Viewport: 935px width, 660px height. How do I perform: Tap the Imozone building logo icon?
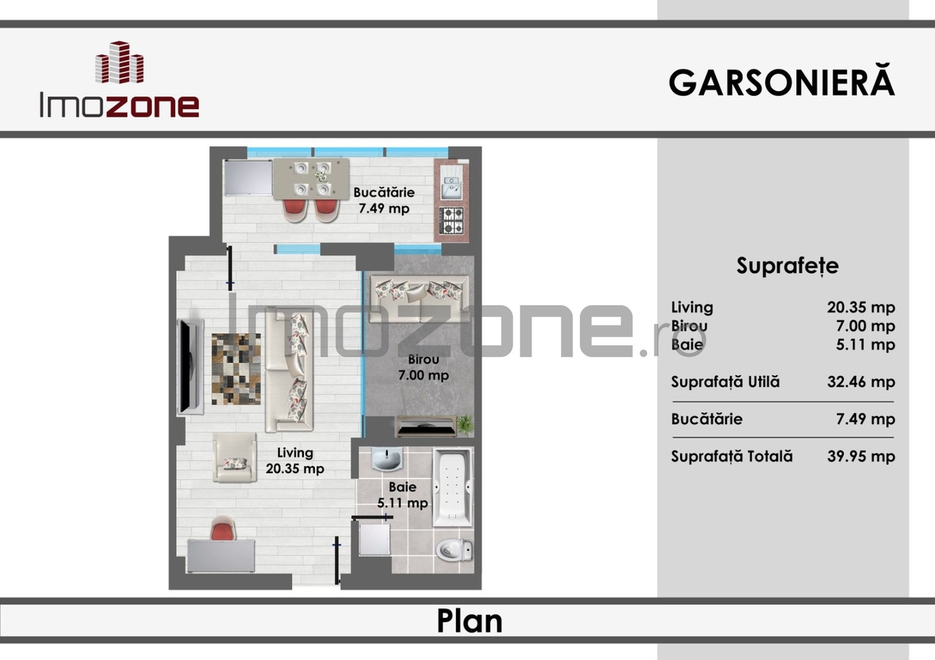[120, 62]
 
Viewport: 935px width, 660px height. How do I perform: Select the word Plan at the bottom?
[470, 621]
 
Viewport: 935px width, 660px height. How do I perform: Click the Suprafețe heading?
[787, 265]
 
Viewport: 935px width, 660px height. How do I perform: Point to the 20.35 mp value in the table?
[861, 307]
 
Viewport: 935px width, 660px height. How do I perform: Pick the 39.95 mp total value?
[861, 456]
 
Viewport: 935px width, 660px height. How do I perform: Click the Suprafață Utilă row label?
[725, 381]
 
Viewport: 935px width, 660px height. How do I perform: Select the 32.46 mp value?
[861, 382]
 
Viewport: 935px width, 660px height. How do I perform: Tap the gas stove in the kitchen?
[452, 220]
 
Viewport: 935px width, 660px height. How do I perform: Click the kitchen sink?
[452, 182]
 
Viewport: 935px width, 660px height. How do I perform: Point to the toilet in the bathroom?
[454, 550]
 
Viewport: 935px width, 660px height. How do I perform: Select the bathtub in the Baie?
[453, 487]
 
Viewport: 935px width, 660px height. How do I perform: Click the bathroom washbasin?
[386, 459]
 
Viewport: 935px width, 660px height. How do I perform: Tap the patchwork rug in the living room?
[236, 369]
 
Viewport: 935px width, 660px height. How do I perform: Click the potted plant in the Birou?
[465, 425]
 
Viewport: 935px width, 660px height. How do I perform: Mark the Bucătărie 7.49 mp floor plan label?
[384, 200]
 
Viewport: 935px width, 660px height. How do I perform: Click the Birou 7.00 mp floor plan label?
[423, 367]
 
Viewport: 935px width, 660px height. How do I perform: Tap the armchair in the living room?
[235, 458]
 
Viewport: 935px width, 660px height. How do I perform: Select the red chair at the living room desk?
[224, 528]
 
